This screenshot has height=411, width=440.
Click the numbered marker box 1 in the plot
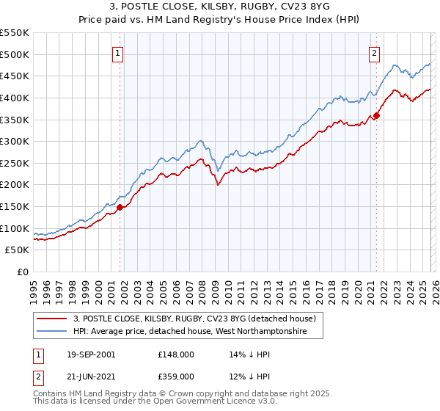tap(118, 52)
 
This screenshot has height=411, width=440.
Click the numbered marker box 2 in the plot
tap(374, 52)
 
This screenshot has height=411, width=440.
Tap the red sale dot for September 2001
tap(120, 207)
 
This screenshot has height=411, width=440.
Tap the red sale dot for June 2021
tap(376, 114)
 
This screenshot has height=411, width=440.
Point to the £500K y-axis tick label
tap(15, 54)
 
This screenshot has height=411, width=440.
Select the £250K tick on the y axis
tap(15, 163)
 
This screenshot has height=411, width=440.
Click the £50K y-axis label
tap(18, 250)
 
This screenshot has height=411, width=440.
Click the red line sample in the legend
tap(51, 319)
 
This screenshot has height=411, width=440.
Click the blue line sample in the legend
tap(51, 332)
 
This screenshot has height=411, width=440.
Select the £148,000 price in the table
tap(176, 354)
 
